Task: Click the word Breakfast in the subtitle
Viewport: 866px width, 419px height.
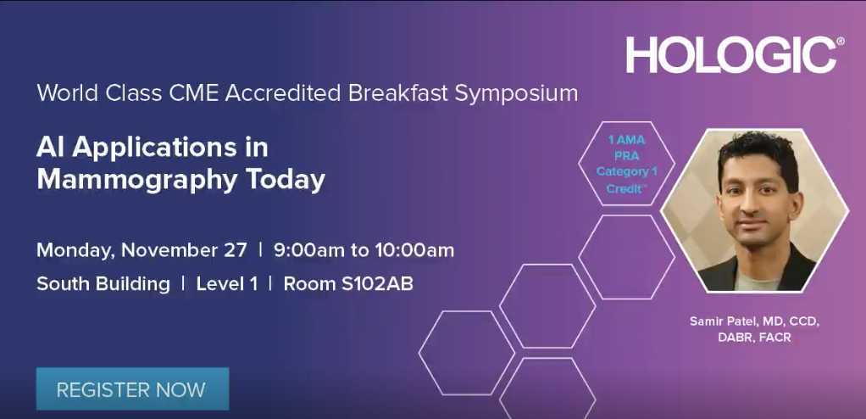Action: pyautogui.click(x=397, y=92)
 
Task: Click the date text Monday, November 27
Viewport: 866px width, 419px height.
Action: pyautogui.click(x=142, y=250)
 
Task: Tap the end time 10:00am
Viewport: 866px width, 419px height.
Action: pyautogui.click(x=414, y=250)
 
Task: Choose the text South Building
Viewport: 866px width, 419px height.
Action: pyautogui.click(x=103, y=284)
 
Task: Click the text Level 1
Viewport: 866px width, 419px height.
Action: pyautogui.click(x=227, y=283)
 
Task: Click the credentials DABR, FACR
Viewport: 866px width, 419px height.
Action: pyautogui.click(x=754, y=338)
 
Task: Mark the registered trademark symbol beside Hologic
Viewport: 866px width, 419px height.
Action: pyautogui.click(x=840, y=41)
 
